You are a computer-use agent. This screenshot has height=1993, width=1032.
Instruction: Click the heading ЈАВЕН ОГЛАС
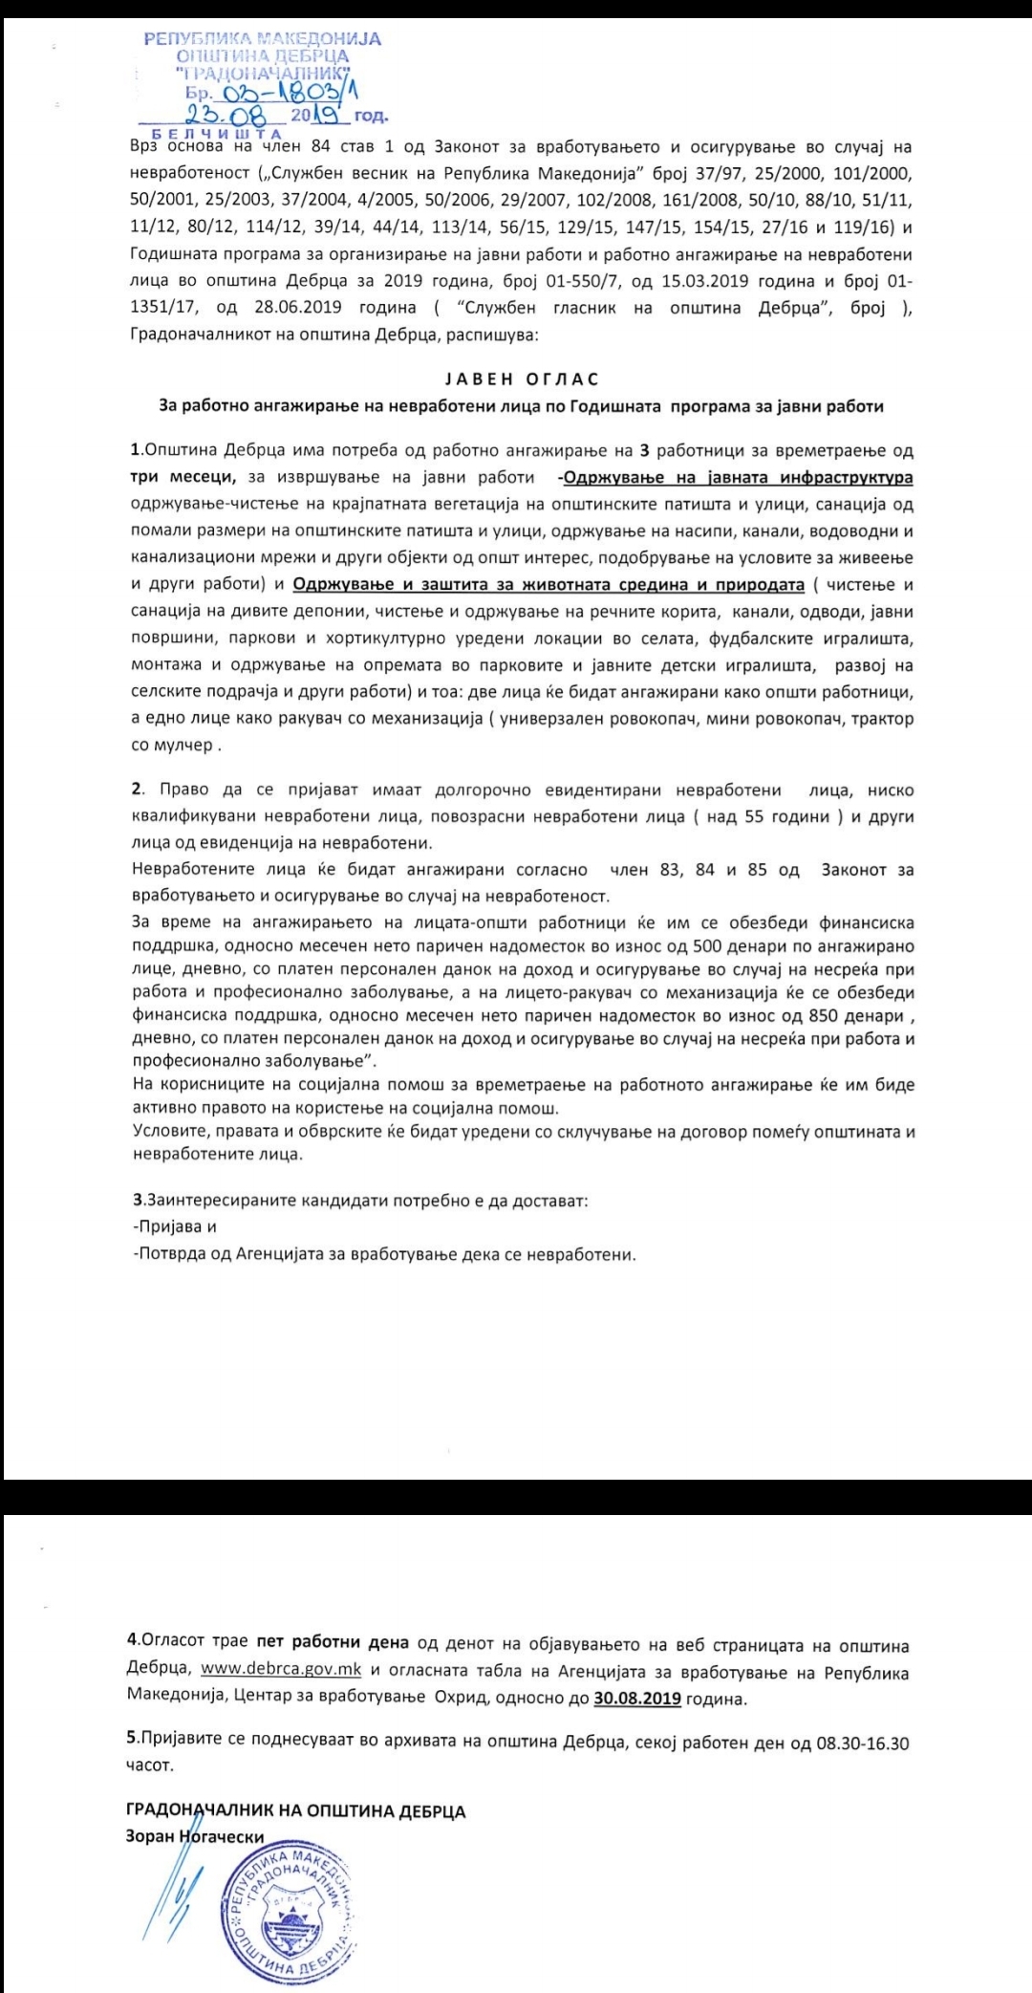pos(522,379)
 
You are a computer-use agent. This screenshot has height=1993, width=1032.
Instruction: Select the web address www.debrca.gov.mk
pos(281,1672)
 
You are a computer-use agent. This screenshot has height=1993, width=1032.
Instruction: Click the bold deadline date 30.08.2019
pos(637,1698)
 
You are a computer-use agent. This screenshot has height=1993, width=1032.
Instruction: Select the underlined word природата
pos(748,584)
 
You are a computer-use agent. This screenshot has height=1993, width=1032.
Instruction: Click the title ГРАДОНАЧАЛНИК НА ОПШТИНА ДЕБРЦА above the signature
pos(295,1810)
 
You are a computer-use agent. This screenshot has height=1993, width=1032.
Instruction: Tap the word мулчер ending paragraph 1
pos(187,744)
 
